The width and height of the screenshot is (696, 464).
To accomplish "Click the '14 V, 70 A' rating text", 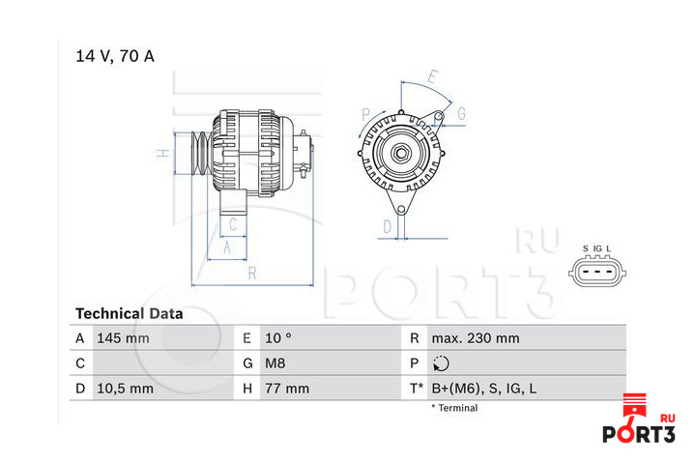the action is pyautogui.click(x=115, y=56).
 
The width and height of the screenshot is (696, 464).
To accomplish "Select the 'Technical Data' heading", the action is pyautogui.click(x=130, y=313).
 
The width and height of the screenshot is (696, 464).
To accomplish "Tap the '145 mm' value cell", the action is pyautogui.click(x=123, y=338).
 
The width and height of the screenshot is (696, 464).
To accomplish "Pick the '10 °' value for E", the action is pyautogui.click(x=278, y=338).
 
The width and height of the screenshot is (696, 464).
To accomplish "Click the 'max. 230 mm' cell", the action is pyautogui.click(x=476, y=338).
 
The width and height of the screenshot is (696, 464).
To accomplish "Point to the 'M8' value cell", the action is pyautogui.click(x=275, y=363).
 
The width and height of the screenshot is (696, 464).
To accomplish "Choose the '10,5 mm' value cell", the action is pyautogui.click(x=125, y=389).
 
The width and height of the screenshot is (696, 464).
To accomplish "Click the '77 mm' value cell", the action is pyautogui.click(x=287, y=389).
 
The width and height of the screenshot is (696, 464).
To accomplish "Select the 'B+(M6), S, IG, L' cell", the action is pyautogui.click(x=484, y=389).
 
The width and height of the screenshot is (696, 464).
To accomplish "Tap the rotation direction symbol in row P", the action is pyautogui.click(x=441, y=363).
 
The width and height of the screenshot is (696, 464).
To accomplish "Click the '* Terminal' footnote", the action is pyautogui.click(x=454, y=408).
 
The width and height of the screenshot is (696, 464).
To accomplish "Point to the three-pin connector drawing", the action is pyautogui.click(x=597, y=272).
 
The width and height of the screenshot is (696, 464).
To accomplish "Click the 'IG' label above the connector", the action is pyautogui.click(x=598, y=248).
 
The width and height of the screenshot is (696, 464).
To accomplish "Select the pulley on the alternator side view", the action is pyautogui.click(x=201, y=153).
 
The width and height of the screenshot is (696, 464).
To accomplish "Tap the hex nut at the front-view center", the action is pyautogui.click(x=401, y=154).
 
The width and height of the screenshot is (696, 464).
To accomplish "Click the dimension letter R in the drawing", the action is pyautogui.click(x=252, y=273).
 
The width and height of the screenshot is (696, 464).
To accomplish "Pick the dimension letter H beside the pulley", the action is pyautogui.click(x=163, y=153).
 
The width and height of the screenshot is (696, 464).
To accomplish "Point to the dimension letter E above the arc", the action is pyautogui.click(x=433, y=76).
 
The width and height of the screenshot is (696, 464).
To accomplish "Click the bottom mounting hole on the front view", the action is pyautogui.click(x=401, y=209).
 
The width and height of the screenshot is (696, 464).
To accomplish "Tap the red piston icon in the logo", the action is pyautogui.click(x=635, y=405).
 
